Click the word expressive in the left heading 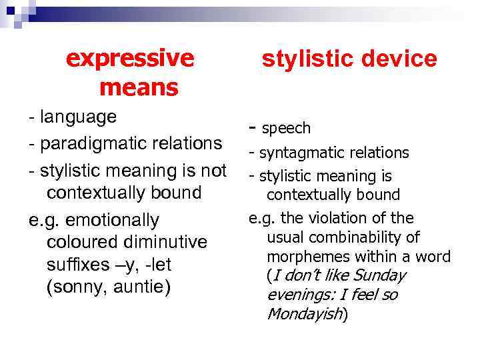130,59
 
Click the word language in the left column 79,117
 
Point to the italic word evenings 297,295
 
